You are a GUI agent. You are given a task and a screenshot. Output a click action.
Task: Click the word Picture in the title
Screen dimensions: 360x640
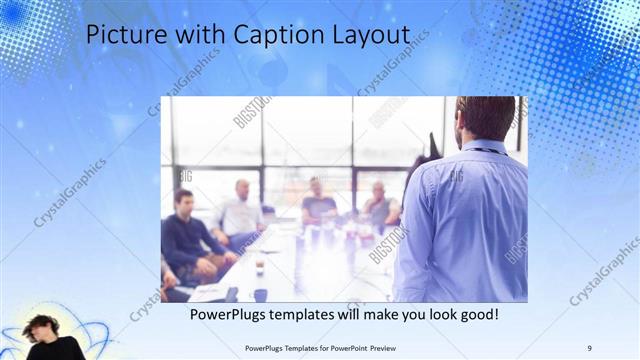click(x=120, y=34)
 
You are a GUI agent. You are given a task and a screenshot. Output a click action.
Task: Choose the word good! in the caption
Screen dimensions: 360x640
click(x=475, y=314)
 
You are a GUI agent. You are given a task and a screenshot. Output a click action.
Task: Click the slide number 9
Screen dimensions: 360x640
click(x=589, y=347)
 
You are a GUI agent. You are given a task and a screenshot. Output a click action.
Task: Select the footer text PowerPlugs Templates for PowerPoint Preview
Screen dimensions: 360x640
click(x=319, y=347)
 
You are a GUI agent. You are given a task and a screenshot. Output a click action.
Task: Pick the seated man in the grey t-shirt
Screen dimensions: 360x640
click(x=318, y=204)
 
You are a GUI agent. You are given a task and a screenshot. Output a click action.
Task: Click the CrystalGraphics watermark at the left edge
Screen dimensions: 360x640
click(x=70, y=190)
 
